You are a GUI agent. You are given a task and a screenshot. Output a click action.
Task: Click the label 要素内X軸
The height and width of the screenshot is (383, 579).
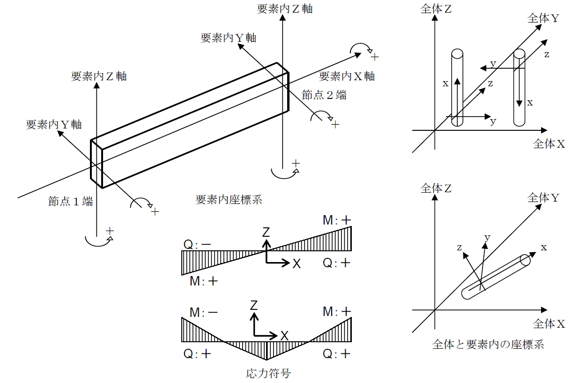tap(347, 76)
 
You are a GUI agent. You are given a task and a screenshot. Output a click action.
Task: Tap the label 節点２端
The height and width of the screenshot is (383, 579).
tap(324, 95)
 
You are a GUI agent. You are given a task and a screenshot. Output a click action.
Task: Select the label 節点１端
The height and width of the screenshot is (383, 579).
tap(71, 202)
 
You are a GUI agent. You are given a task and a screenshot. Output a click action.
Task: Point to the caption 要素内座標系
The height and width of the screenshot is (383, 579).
tap(229, 200)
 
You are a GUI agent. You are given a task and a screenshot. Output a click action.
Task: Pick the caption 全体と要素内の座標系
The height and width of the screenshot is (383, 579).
tap(488, 345)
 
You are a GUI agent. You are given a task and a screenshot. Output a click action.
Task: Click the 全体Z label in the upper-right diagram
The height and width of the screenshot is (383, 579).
tap(436, 9)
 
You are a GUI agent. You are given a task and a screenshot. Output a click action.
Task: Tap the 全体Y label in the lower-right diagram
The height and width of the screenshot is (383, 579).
tap(543, 198)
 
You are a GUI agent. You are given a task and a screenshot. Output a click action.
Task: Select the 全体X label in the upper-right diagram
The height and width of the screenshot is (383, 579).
tap(549, 144)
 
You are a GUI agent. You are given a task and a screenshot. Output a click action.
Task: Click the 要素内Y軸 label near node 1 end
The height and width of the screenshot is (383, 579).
tap(54, 125)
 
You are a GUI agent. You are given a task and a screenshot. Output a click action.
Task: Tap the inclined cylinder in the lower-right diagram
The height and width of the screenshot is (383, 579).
tap(496, 277)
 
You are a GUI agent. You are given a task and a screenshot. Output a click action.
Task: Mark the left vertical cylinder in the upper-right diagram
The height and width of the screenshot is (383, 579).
tap(457, 87)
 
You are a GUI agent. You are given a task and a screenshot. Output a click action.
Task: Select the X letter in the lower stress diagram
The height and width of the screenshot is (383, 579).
tap(284, 335)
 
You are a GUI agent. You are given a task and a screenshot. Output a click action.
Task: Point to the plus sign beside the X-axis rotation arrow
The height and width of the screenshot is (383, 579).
tap(375, 57)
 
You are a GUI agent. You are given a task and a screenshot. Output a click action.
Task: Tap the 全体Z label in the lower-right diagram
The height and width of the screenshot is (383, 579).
tap(436, 188)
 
